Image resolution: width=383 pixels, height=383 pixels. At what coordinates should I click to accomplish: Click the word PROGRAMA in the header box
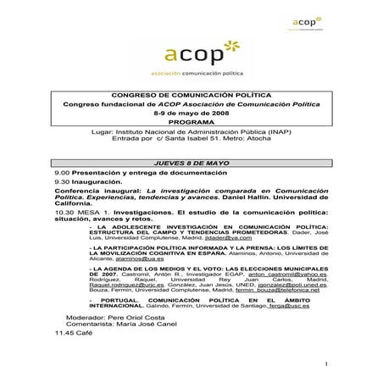click(x=191, y=122)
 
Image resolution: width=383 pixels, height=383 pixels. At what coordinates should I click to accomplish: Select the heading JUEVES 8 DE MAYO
click(x=191, y=160)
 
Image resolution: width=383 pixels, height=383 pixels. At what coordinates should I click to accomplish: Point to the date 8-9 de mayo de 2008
click(x=191, y=113)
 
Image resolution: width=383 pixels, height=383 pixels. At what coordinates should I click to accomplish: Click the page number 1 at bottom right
click(x=325, y=364)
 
